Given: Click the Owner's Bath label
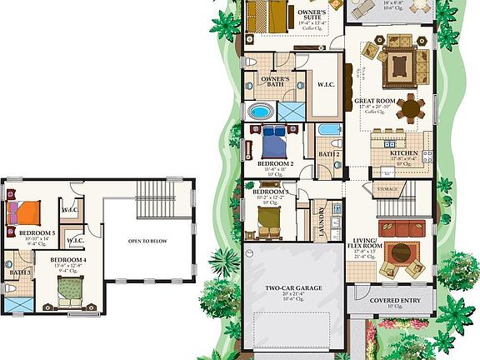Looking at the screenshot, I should click(x=274, y=80).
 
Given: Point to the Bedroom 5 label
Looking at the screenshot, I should click(x=37, y=233).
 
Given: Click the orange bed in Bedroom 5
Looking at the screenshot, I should click(x=23, y=211).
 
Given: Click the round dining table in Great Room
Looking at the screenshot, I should click(x=410, y=107).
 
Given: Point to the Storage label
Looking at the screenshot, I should click(x=386, y=189).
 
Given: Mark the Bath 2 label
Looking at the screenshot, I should click(x=329, y=154).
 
